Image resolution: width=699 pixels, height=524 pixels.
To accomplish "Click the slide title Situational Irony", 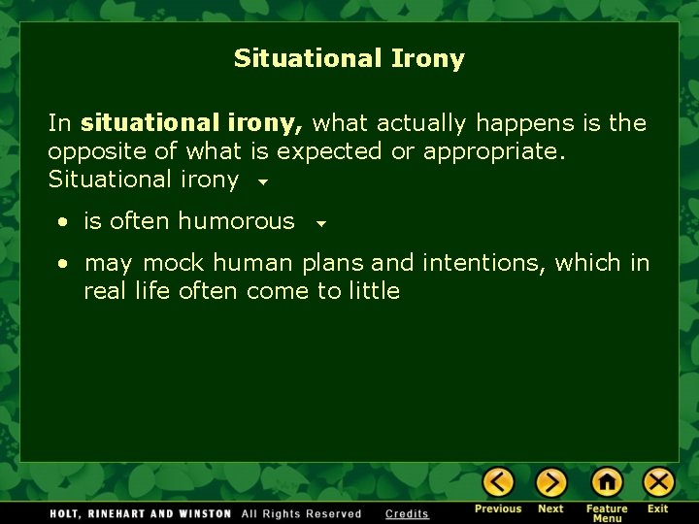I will point(349,59).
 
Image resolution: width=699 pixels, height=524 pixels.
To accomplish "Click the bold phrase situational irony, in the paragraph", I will point(192,123).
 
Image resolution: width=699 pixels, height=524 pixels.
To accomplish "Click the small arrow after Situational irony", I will point(262,181).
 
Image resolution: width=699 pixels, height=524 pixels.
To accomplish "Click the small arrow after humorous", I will point(321,223).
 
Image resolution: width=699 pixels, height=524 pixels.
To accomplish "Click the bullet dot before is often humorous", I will point(62,222).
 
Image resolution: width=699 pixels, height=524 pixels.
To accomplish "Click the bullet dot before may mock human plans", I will point(62,264).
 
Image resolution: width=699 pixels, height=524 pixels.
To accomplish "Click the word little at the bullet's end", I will point(374,291).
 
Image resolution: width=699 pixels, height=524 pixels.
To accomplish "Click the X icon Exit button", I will point(658,482).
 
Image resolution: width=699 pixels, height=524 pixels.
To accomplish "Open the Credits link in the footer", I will point(407,514).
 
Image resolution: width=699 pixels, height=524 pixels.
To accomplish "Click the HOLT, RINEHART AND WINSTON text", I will point(142,514).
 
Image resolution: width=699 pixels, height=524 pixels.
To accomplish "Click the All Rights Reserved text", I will point(301,514).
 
